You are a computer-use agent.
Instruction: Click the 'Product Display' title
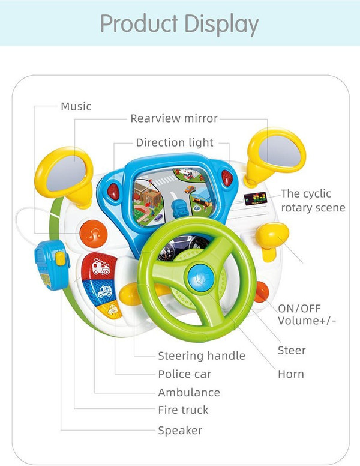[179, 24]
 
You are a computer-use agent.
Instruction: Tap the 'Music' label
[76, 107]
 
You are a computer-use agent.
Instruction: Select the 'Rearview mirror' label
[174, 118]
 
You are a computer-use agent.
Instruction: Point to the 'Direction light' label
[175, 142]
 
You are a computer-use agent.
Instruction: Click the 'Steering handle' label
[202, 356]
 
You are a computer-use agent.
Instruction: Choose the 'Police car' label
[185, 374]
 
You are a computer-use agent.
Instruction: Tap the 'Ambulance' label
[189, 393]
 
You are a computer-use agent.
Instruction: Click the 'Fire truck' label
[184, 410]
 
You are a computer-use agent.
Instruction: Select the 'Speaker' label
[180, 430]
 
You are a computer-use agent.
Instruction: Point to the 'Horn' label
[291, 374]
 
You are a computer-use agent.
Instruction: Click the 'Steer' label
[292, 350]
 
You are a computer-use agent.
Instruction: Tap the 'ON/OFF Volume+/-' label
[307, 314]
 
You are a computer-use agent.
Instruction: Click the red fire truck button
[100, 266]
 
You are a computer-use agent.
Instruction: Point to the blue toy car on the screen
[178, 208]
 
